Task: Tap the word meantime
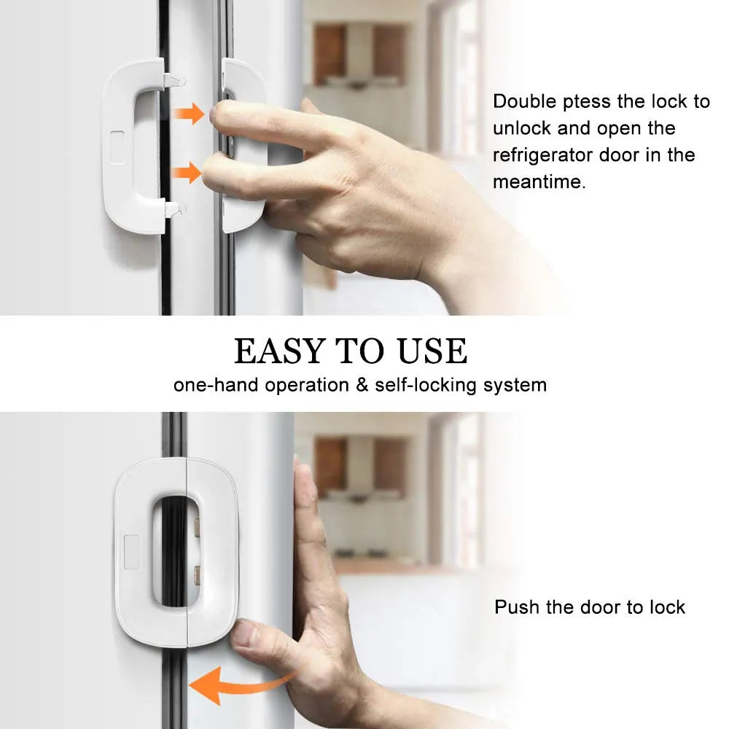539,181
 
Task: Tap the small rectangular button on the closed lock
132,553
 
